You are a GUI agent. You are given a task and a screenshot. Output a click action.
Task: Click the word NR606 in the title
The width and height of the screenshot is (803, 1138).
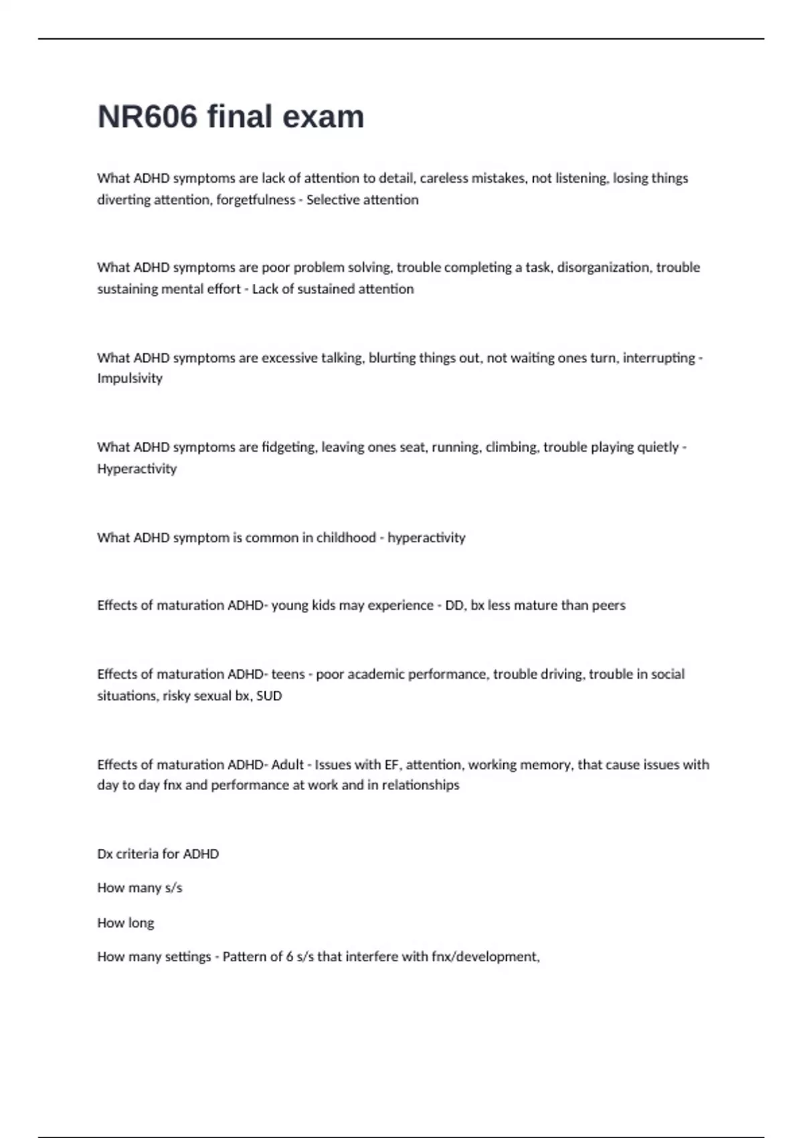point(147,116)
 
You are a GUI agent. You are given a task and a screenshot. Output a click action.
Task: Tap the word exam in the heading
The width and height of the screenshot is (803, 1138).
point(323,116)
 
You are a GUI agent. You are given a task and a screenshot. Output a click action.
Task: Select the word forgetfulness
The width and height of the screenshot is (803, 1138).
point(256,199)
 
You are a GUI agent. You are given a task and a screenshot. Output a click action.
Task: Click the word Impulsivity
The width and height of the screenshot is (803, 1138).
point(130,378)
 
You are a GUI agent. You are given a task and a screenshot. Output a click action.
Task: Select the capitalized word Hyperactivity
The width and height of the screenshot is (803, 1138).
point(137,469)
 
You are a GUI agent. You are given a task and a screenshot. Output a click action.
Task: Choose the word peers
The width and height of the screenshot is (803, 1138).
point(608,605)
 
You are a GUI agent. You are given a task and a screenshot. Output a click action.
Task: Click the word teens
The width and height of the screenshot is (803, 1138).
point(288,674)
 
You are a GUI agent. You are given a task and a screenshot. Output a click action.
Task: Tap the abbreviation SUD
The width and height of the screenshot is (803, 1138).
point(269,696)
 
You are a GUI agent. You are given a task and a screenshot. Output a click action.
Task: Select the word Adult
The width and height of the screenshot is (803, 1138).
point(287,764)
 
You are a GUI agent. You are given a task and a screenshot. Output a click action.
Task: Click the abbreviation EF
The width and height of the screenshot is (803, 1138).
point(391,764)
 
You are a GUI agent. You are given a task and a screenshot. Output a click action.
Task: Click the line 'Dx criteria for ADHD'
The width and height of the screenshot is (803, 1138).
point(158,854)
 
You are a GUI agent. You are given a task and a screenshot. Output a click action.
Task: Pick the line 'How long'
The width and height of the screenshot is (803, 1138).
point(125,922)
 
